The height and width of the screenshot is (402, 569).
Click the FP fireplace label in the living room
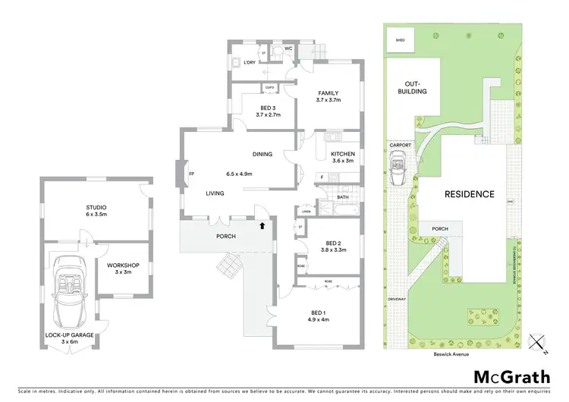coord(190,174)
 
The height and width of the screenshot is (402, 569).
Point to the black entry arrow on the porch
coord(262,225)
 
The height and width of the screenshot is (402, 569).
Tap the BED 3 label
coord(269,108)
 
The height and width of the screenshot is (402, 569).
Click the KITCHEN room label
coord(344,153)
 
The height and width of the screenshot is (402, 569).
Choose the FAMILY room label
coord(329,93)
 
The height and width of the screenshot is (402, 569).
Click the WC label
coord(289,49)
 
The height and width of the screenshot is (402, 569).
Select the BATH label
coord(343,197)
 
